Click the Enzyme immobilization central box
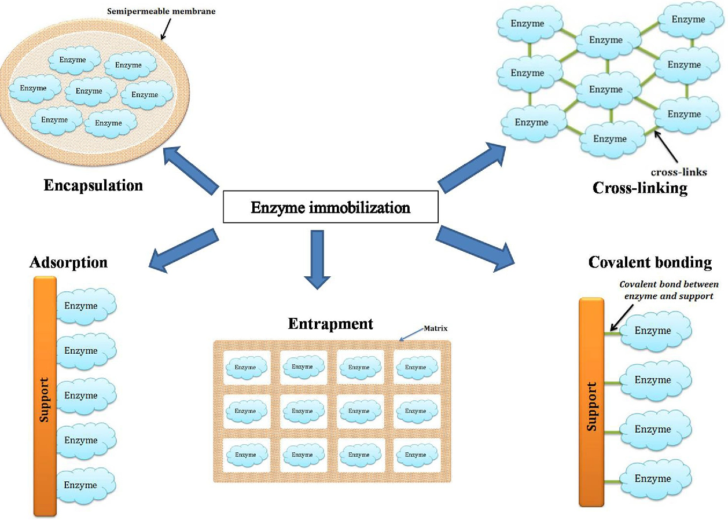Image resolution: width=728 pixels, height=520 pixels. pyautogui.click(x=330, y=207)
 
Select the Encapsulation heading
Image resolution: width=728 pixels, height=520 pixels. pyautogui.click(x=93, y=186)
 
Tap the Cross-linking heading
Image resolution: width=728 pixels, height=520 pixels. pyautogui.click(x=640, y=188)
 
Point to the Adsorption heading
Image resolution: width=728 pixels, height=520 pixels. pyautogui.click(x=68, y=262)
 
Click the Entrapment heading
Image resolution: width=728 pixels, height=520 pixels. pyautogui.click(x=330, y=324)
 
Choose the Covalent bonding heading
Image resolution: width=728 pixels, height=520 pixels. pyautogui.click(x=650, y=262)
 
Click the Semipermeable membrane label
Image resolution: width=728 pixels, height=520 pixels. pyautogui.click(x=161, y=11)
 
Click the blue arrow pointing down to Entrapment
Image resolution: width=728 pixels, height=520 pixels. pyautogui.click(x=317, y=258)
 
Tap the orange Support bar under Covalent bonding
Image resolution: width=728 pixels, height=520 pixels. pyautogui.click(x=591, y=402)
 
